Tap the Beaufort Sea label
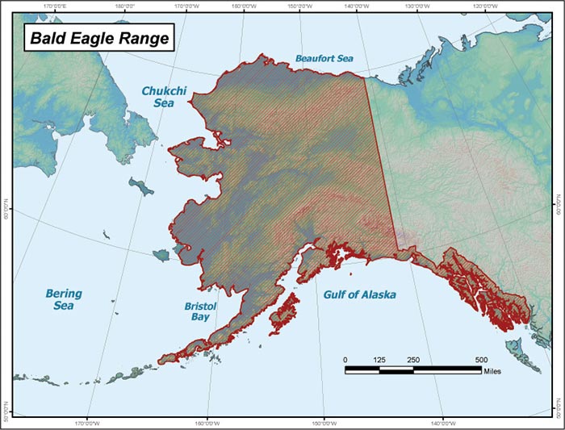coord(323,58)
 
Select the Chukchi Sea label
coord(164,98)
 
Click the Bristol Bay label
coord(198,311)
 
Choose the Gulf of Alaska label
coord(360,294)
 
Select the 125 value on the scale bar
coord(379,359)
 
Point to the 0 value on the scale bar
coord(345,359)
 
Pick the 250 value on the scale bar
coord(413,359)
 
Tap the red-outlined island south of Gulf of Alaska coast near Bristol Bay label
coord(283,313)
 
